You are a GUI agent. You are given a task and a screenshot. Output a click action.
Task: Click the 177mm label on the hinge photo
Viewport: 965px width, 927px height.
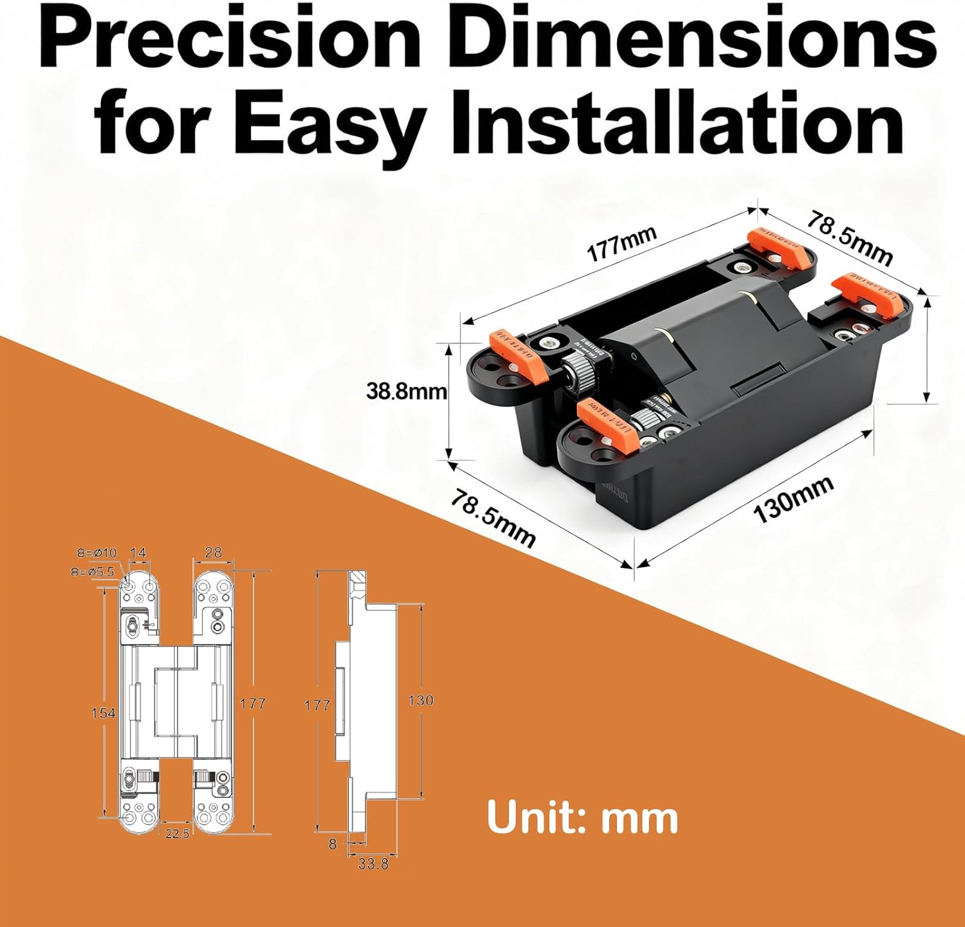pyautogui.click(x=621, y=244)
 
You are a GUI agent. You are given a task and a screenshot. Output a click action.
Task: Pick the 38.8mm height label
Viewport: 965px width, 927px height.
pyautogui.click(x=406, y=390)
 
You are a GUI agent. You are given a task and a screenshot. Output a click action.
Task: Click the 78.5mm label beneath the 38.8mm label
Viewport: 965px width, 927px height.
pyautogui.click(x=492, y=518)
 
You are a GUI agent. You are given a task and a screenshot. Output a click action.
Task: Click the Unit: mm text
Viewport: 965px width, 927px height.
pyautogui.click(x=582, y=818)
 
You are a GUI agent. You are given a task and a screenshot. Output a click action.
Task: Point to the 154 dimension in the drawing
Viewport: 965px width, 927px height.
pyautogui.click(x=103, y=712)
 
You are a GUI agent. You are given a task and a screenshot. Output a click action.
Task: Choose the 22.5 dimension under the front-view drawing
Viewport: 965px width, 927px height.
pyautogui.click(x=177, y=834)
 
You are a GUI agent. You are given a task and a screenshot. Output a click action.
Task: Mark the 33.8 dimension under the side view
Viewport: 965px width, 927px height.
pyautogui.click(x=373, y=863)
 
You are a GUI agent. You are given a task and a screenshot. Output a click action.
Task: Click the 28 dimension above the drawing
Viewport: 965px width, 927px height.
pyautogui.click(x=213, y=552)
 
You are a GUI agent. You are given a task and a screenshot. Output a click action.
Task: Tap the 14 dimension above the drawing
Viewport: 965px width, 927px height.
pyautogui.click(x=138, y=552)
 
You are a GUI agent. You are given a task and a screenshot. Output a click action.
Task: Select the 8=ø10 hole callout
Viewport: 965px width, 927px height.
pyautogui.click(x=96, y=552)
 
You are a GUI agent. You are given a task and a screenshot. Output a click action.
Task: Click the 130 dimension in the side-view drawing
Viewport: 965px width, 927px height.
pyautogui.click(x=421, y=700)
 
